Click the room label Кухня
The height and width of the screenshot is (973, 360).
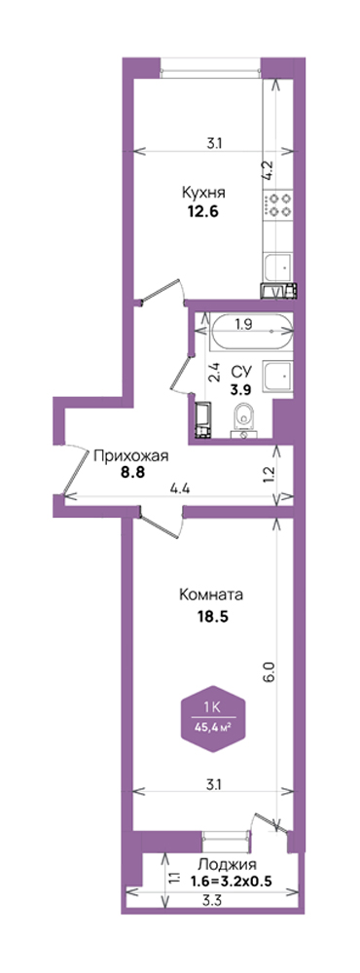(203, 192)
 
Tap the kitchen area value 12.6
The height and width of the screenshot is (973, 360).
(203, 211)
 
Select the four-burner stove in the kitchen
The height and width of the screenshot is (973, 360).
(279, 204)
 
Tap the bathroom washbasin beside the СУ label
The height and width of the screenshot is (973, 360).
(277, 377)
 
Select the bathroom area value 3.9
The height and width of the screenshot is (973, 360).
(240, 390)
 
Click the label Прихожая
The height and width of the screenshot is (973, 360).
(130, 457)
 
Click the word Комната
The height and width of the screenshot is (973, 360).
(210, 595)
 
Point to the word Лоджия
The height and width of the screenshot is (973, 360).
(227, 864)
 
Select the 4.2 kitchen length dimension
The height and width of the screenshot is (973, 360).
(268, 170)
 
